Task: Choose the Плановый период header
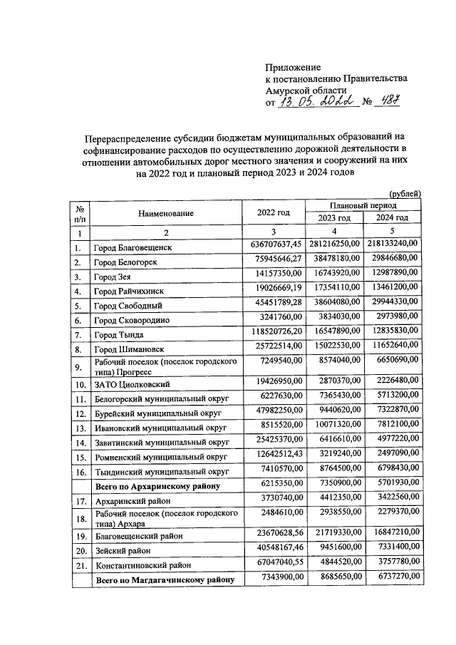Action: pos(363,205)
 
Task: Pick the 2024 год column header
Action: pos(393,218)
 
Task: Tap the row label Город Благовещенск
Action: pos(133,248)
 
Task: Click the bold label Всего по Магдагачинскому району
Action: pos(165,582)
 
